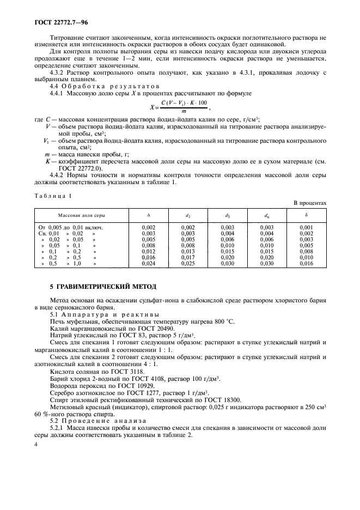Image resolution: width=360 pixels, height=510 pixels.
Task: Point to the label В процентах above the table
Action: tap(310, 203)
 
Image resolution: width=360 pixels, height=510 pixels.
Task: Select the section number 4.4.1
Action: tap(57, 94)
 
